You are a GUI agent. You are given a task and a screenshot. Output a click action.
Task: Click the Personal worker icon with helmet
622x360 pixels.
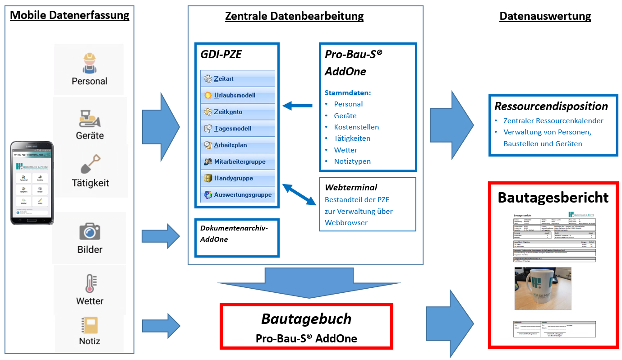pos(90,63)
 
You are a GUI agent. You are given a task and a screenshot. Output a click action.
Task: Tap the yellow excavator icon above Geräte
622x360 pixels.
pos(90,119)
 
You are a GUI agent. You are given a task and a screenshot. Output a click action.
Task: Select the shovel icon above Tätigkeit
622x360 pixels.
pos(90,165)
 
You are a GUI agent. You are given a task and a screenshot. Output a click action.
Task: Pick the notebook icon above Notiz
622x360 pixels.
pos(89,325)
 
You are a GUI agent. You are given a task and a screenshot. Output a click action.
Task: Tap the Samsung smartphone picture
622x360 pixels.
pos(32,182)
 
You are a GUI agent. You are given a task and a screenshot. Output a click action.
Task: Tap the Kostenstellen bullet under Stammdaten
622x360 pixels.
pos(356,127)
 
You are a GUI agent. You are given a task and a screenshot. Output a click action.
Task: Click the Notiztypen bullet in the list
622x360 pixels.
pos(352,162)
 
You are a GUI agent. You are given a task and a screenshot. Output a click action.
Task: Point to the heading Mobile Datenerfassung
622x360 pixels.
pos(69,15)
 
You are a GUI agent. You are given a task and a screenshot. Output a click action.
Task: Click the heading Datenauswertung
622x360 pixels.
pos(545,16)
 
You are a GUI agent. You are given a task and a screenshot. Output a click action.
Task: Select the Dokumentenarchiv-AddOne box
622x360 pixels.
pos(237,238)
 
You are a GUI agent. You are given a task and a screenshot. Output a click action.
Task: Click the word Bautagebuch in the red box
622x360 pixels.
pos(306,319)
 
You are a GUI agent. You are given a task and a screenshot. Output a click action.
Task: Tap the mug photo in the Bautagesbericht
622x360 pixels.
pos(543,288)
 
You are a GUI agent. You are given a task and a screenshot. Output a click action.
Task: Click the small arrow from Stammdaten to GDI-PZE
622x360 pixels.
pos(297,106)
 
